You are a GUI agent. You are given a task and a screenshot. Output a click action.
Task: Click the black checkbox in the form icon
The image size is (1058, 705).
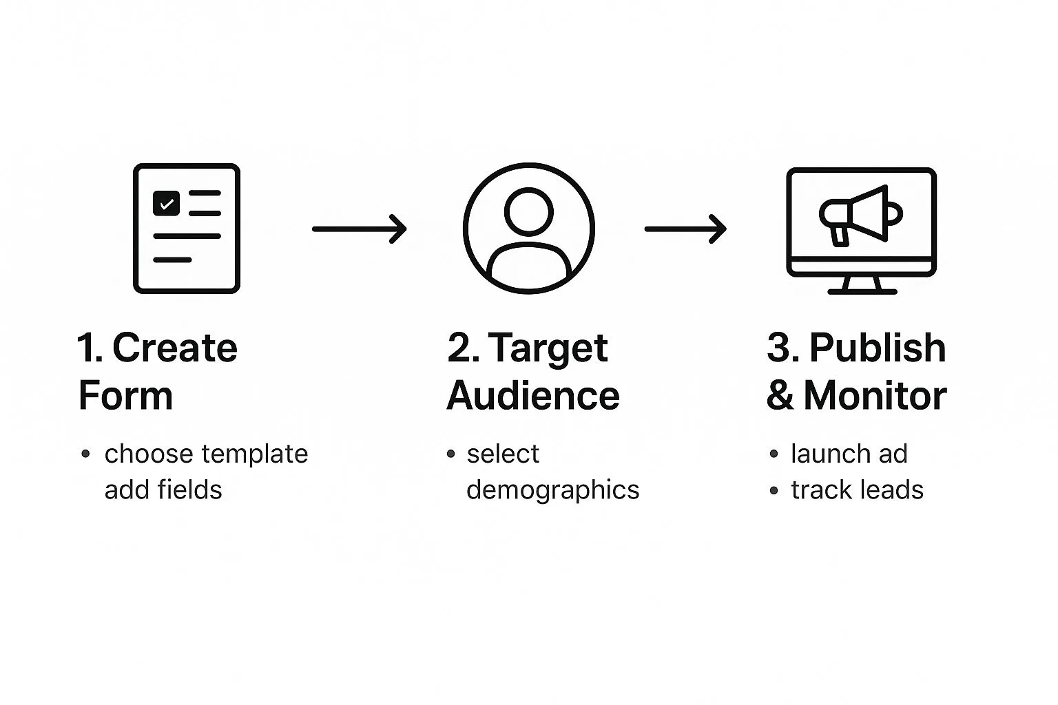166,203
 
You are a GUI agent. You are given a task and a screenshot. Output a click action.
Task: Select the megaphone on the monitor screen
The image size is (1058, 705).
860,215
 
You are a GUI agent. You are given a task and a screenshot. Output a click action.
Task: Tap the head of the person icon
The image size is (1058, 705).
528,211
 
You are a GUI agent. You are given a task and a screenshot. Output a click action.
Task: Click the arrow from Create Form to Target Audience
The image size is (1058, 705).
359,229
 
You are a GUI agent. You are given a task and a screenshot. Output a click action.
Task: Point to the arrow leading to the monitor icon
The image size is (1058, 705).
685,229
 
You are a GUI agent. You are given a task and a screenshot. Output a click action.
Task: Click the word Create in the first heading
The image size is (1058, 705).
175,348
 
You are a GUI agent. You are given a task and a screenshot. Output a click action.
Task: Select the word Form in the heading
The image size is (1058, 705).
125,395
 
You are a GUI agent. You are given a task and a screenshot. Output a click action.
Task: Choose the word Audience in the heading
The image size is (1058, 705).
532,395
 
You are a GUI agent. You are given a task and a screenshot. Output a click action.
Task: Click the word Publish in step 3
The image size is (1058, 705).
878,348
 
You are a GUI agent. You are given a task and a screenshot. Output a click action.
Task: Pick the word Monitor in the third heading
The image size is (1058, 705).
875,395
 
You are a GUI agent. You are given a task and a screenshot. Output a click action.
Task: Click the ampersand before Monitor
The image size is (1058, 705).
780,395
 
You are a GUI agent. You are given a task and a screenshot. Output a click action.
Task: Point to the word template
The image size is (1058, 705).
255,455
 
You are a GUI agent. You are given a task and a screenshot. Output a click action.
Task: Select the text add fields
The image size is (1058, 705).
163,490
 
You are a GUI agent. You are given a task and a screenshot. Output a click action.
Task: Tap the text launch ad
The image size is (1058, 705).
849,454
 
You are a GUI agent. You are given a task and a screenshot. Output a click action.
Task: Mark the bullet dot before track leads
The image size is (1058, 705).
774,491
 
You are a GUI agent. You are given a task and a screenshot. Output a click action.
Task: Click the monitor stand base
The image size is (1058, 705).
862,292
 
